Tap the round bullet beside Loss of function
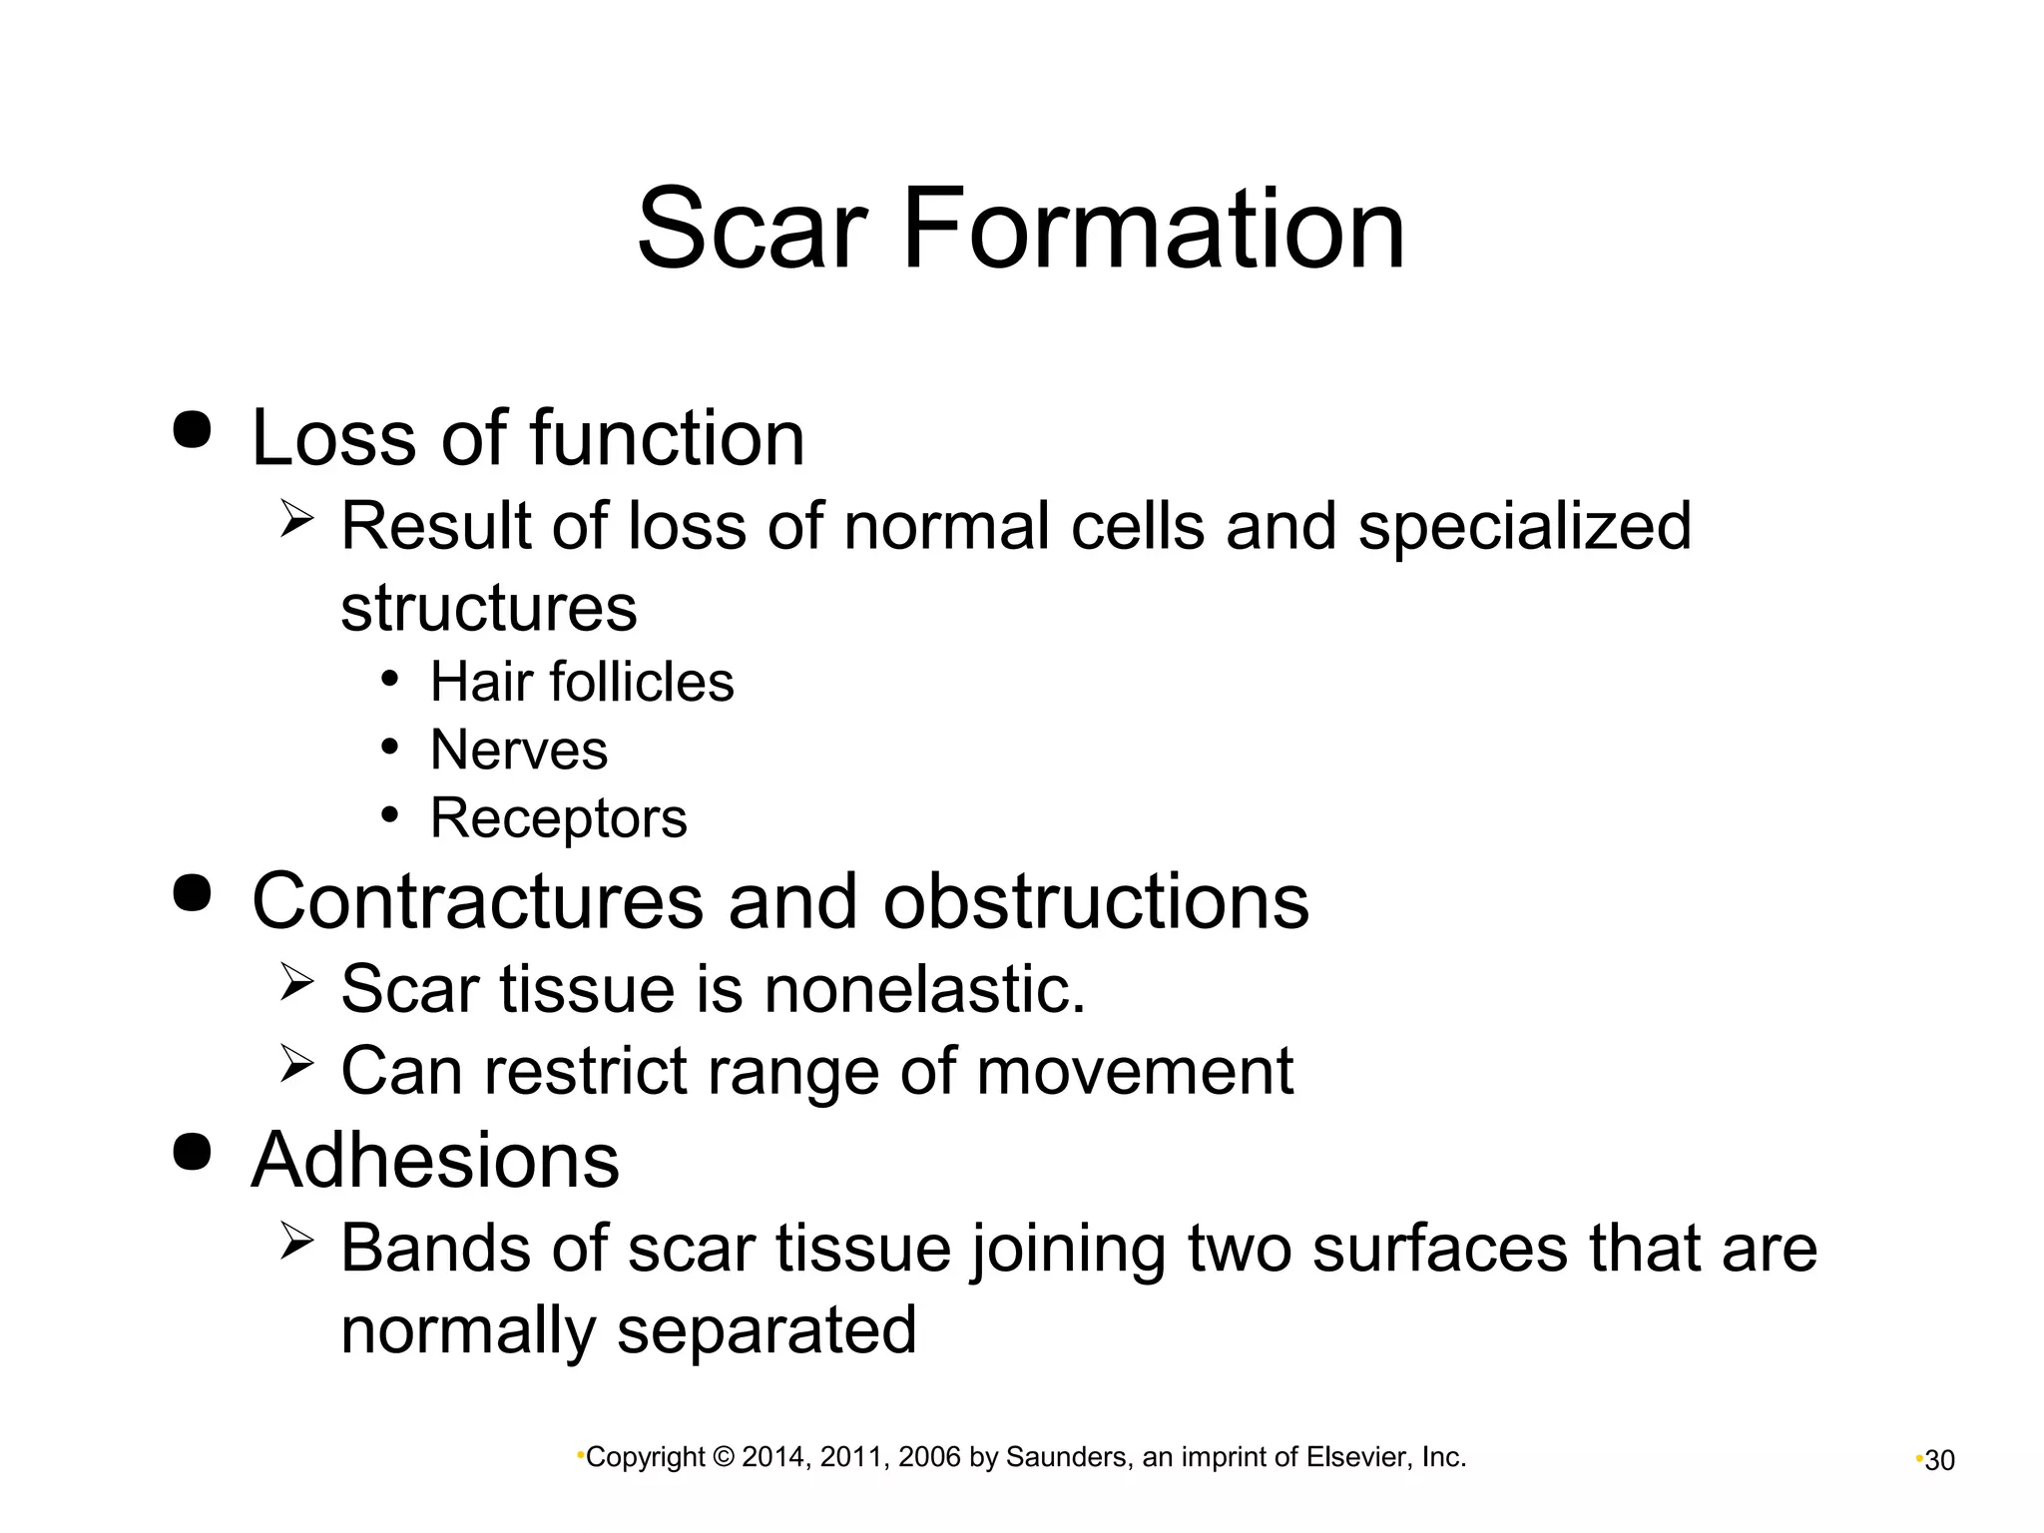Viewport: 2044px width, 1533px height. coord(193,430)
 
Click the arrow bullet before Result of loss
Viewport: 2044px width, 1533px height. coord(297,519)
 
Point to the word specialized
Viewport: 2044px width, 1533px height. coord(1524,527)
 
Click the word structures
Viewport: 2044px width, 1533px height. coord(488,607)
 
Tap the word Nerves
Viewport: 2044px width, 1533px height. coord(518,750)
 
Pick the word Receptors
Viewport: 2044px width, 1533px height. coord(558,818)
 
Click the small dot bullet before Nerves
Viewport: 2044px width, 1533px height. coord(390,747)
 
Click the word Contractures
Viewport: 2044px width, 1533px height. coord(478,900)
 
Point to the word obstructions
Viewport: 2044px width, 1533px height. coord(1095,900)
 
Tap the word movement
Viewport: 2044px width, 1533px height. coord(1134,1071)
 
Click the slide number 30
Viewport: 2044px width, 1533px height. coord(1939,1461)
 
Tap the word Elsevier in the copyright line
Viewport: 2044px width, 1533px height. coord(1357,1458)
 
